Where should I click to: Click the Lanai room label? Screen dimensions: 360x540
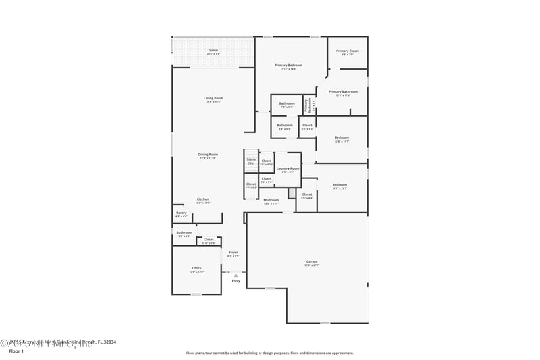coord(213,51)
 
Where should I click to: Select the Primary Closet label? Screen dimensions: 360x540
coord(348,51)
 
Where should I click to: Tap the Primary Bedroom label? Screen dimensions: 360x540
coord(288,66)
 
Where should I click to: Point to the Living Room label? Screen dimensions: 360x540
coord(213,98)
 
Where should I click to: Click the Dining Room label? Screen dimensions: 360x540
coord(207,155)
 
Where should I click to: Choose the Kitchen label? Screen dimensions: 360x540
coord(202,199)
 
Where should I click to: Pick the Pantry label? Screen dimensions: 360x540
coord(181,213)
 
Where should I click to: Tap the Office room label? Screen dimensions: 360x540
coord(196,268)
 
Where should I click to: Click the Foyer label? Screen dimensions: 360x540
coord(233,253)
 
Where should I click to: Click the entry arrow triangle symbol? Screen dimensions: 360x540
coord(236,276)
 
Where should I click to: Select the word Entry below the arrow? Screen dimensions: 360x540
coord(236,281)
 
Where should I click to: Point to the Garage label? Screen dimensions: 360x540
coord(312,261)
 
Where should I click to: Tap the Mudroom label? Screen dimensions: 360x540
coord(271,200)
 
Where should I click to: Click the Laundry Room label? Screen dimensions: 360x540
coord(288,168)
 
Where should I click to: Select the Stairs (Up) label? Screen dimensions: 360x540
coord(251,161)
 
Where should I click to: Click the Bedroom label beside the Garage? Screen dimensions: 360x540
coord(340,185)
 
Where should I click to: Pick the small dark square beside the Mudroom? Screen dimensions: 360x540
coord(292,194)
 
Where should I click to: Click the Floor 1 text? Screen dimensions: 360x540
coord(16,351)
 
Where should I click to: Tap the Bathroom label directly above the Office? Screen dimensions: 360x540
coord(184,233)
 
